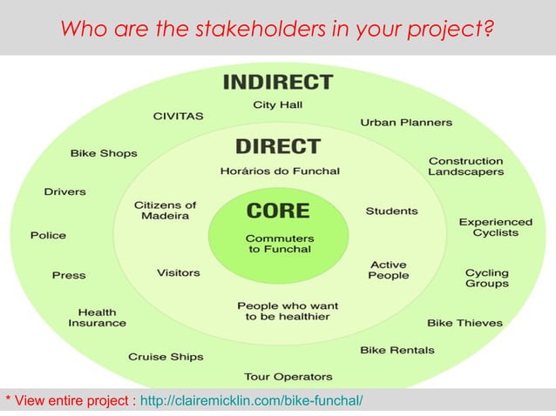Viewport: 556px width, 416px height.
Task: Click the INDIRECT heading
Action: coord(278,83)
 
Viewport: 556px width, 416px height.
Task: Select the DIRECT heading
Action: coord(278,146)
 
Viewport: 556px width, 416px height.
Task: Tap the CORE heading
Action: coord(278,211)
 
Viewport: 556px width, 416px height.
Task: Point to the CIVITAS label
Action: coord(178,115)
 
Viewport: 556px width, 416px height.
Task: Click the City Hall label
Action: coord(278,104)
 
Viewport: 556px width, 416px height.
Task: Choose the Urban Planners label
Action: coord(406,123)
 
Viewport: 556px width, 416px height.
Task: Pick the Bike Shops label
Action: coord(104,153)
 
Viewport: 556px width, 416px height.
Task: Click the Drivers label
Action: coord(65,191)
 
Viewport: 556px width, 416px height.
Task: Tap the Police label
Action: coord(48,235)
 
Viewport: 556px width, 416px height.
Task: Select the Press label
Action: coord(69,275)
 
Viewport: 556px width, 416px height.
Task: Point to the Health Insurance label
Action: coord(97,318)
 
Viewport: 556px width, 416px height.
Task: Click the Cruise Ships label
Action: coord(166,357)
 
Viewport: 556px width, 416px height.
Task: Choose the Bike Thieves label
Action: coord(464,323)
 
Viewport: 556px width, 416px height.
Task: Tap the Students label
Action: coord(391,211)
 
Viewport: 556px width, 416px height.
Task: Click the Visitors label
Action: coord(179,272)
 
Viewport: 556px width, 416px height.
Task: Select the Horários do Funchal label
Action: coord(280,171)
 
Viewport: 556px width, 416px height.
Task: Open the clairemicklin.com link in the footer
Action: coord(251,400)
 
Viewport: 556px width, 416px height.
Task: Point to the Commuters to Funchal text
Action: coord(279,245)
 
